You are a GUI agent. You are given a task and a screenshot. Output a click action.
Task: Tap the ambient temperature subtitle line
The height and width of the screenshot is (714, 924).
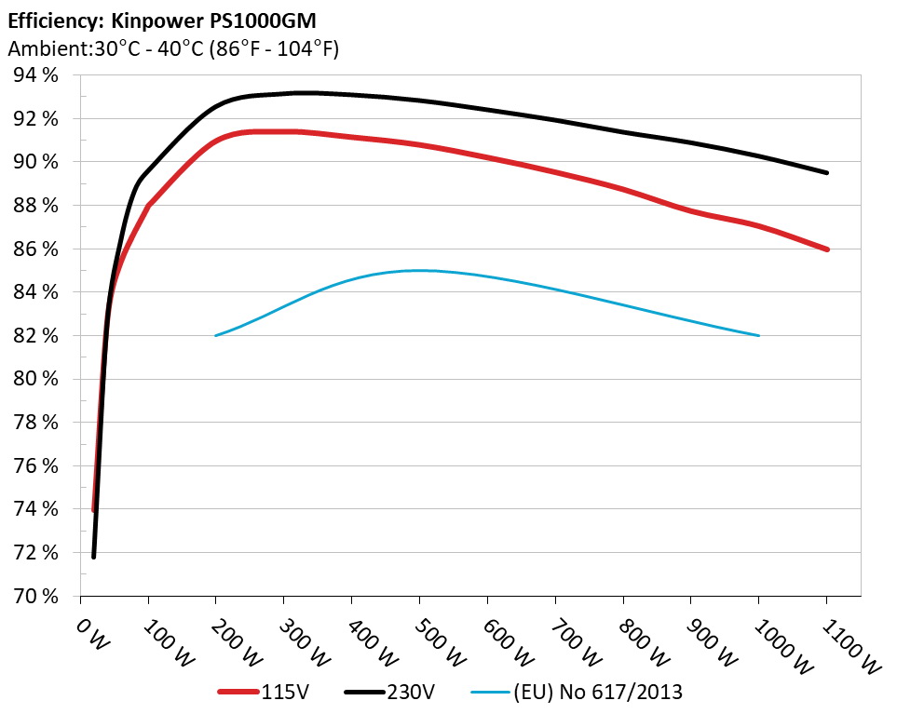tap(172, 49)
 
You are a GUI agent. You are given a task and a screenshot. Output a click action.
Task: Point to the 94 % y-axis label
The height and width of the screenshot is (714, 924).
tap(36, 75)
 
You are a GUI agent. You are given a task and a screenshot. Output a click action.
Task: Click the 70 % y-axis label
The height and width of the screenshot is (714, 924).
tap(36, 596)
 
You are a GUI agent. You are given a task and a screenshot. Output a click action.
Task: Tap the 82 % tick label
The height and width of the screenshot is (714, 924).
tap(36, 335)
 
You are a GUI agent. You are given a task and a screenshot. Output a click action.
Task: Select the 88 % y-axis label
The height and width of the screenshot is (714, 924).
tap(36, 206)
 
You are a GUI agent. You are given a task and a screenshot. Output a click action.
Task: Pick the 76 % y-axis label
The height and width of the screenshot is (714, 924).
tap(36, 465)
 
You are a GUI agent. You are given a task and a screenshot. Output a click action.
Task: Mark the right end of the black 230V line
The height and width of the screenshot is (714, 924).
tap(826, 172)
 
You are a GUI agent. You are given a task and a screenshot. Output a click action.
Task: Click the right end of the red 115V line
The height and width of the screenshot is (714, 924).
tap(826, 249)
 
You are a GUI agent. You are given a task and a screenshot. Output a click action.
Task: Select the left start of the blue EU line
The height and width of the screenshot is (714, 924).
tap(216, 335)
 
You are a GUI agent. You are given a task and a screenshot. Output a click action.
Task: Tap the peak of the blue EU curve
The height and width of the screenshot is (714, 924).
tap(419, 270)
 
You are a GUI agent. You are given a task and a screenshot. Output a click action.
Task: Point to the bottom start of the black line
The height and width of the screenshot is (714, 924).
tap(94, 557)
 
